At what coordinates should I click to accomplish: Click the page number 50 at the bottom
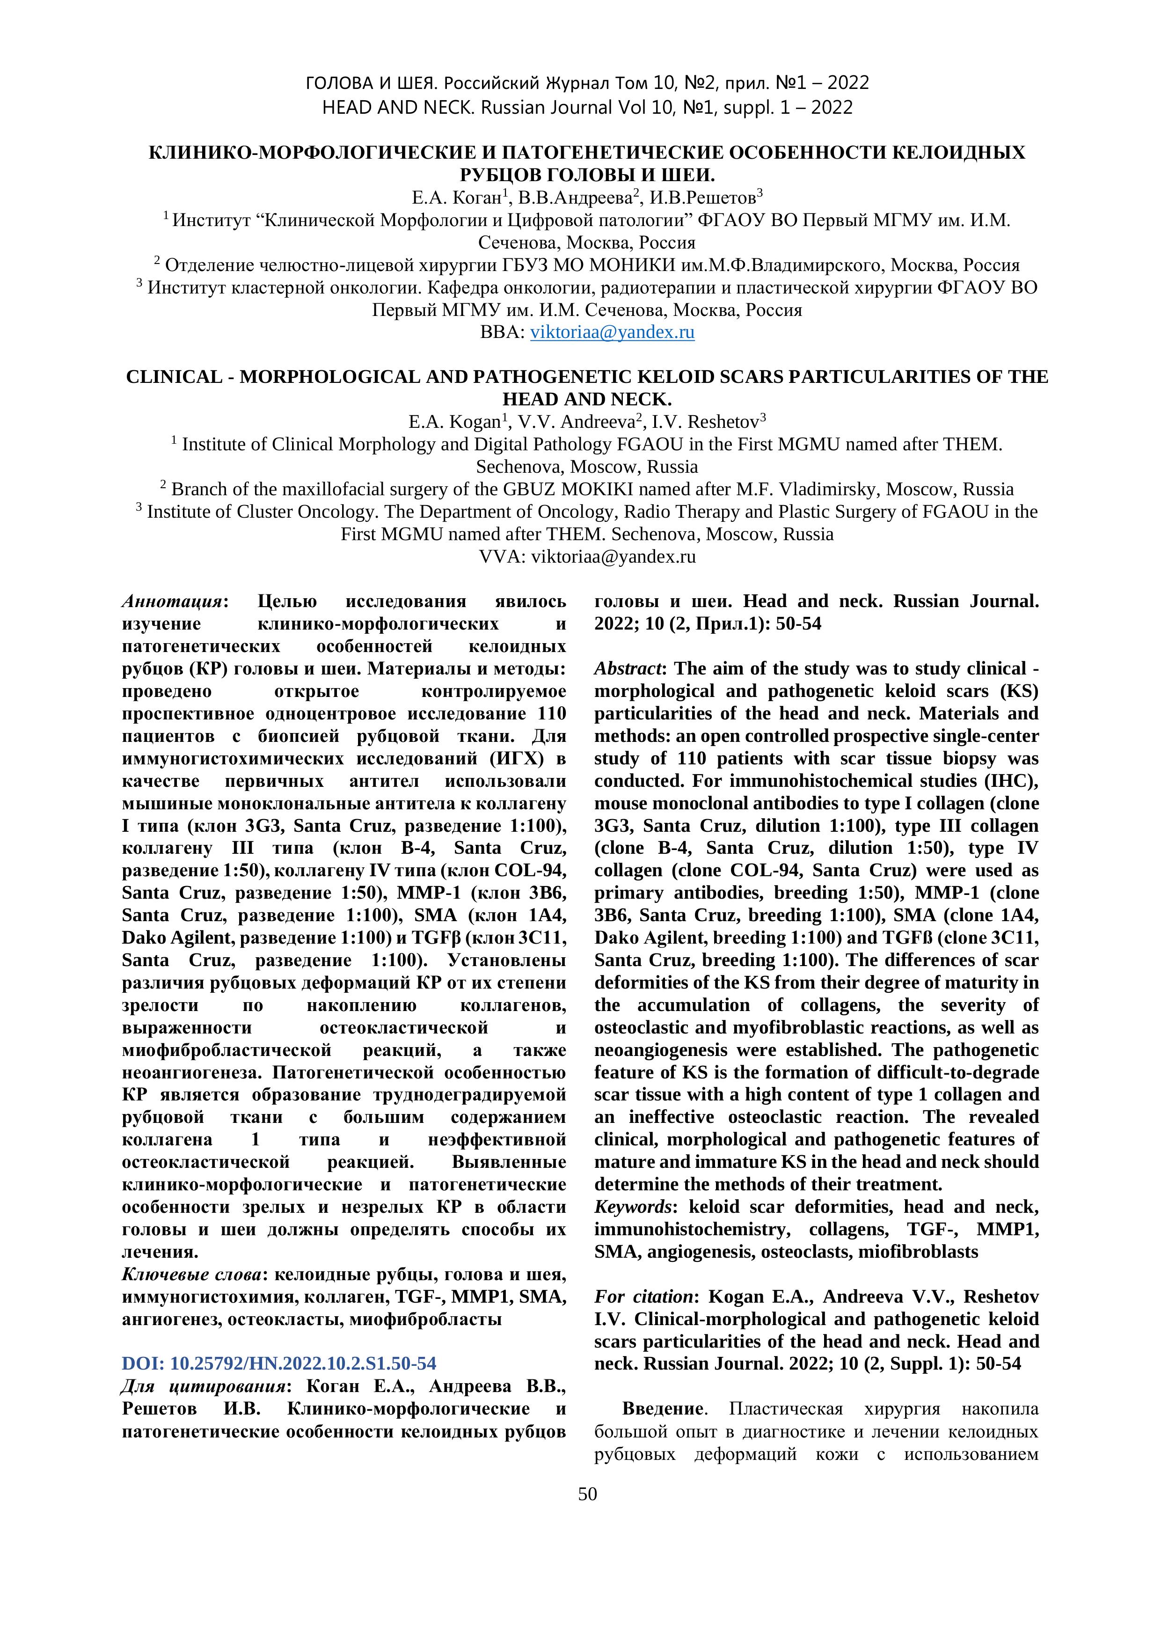pyautogui.click(x=587, y=1494)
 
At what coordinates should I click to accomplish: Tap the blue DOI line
pyautogui.click(x=279, y=1363)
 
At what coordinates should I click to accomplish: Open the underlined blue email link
pyautogui.click(x=612, y=332)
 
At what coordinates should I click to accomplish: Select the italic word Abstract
pyautogui.click(x=628, y=668)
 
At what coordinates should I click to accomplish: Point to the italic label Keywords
pyautogui.click(x=633, y=1207)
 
